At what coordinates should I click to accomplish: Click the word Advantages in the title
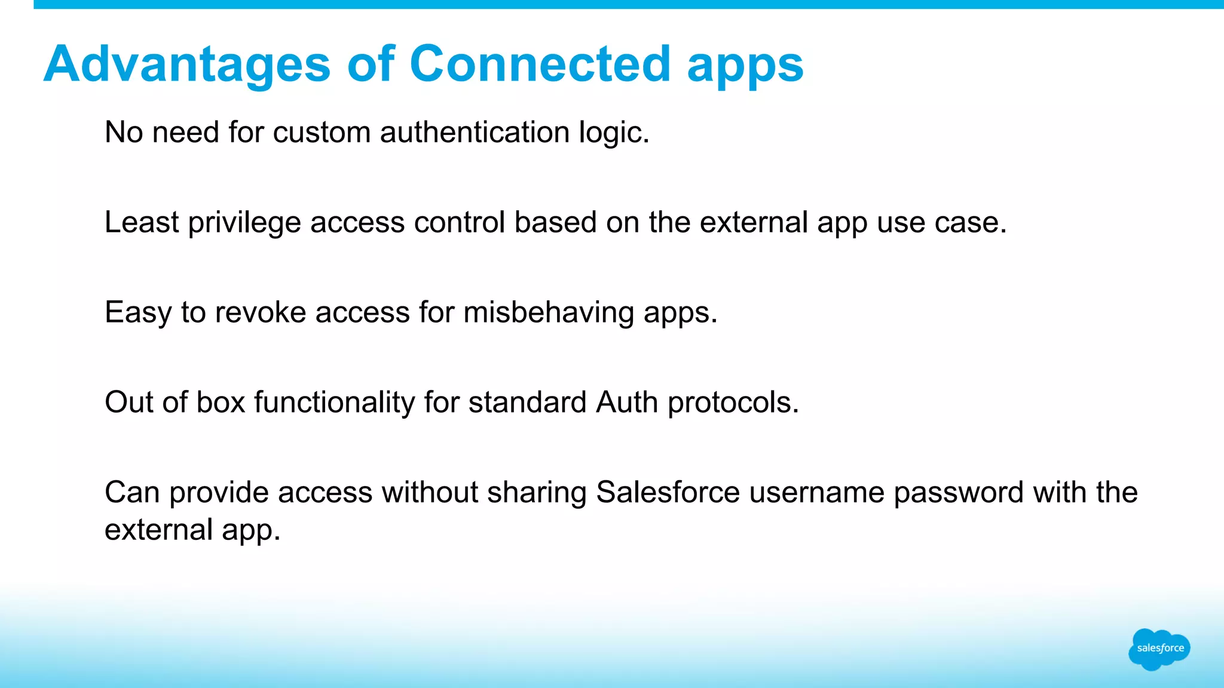187,64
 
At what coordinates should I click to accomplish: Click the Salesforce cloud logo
1159,649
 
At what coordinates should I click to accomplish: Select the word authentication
475,132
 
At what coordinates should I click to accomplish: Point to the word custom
322,132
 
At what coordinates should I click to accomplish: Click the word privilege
244,223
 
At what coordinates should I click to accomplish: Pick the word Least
142,222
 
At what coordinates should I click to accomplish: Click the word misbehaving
549,312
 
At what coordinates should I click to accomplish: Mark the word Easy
138,312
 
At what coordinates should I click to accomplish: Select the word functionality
335,402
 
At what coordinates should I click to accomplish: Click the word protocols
733,403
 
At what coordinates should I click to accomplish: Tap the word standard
527,402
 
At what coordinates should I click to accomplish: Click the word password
959,493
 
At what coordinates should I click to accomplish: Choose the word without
430,493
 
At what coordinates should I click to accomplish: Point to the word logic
613,133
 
